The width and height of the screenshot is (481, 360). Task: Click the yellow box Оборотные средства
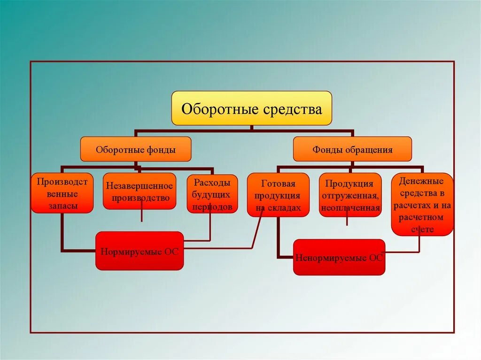coord(251,108)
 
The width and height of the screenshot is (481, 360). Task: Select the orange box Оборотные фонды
coord(136,149)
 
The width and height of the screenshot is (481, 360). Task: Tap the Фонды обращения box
coord(352,149)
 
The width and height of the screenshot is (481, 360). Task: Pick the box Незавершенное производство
coord(140,191)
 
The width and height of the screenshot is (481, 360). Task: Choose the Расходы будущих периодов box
coord(212,193)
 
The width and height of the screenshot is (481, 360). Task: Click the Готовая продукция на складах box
coord(278,195)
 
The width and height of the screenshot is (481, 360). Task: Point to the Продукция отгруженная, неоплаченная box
coord(350,195)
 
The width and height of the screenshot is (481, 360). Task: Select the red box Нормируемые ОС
coord(140,251)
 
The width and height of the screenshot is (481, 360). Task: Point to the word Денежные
coord(422,181)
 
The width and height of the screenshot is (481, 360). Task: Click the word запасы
coord(62,206)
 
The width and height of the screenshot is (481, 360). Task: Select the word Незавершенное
coord(140,186)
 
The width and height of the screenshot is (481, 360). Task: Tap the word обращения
coord(369,150)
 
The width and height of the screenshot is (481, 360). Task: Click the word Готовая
coord(278,184)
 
